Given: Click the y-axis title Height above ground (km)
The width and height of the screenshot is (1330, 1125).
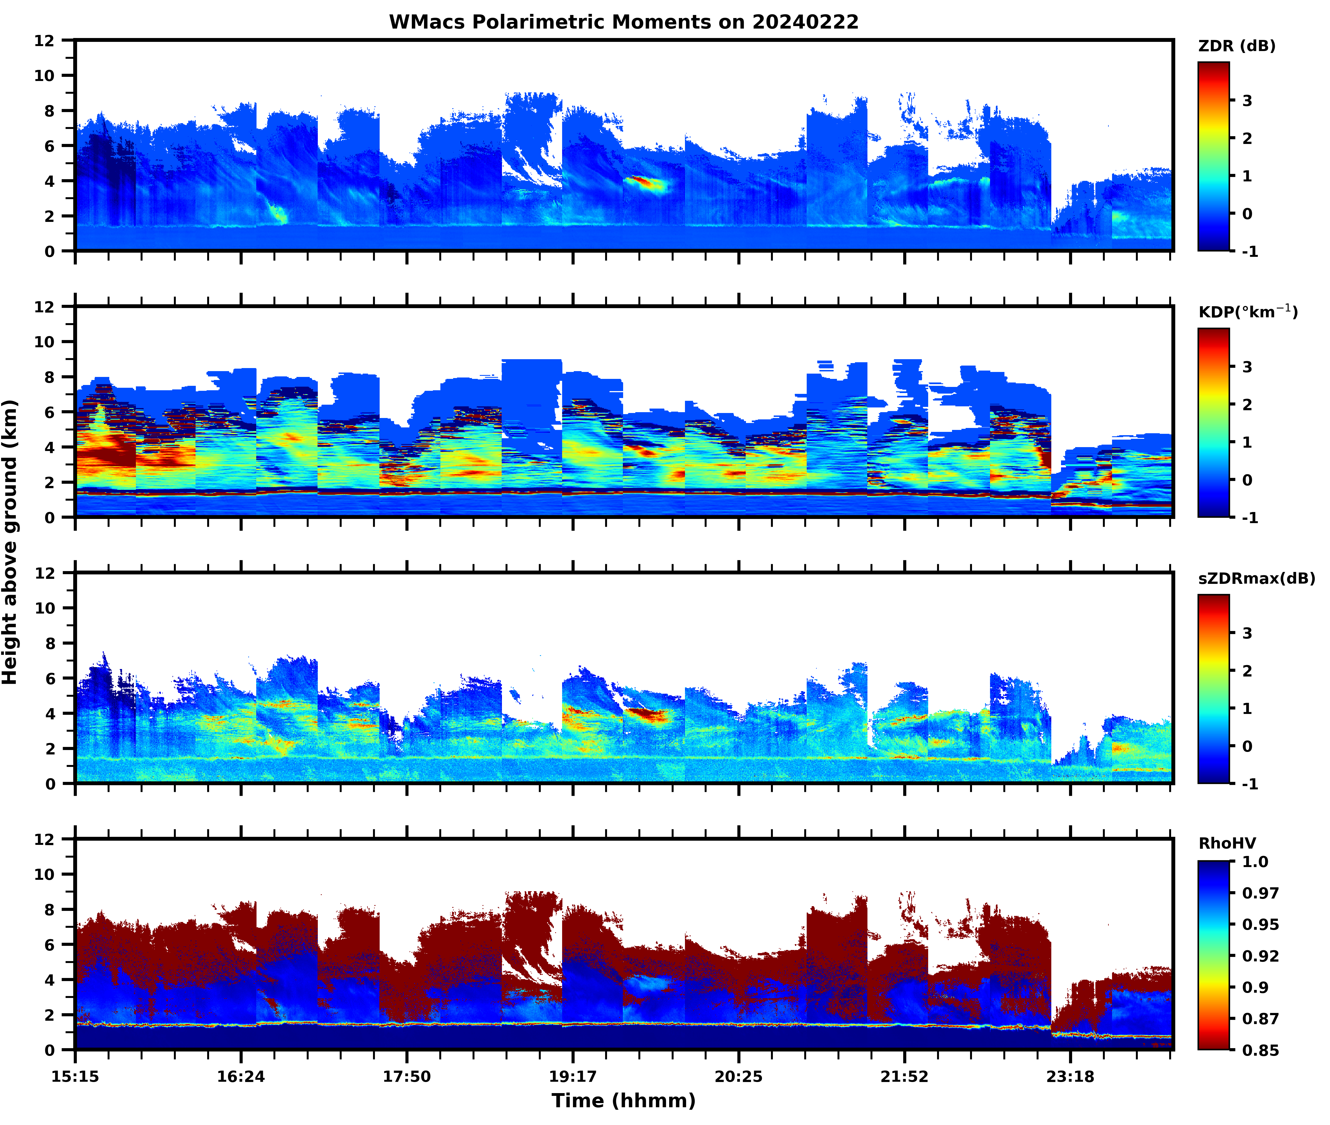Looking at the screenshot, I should point(10,542).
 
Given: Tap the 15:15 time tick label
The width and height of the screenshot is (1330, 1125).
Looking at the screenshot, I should point(75,1076).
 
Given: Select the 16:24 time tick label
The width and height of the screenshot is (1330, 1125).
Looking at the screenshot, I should point(241,1076).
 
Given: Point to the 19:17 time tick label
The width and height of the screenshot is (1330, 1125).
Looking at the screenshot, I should point(573,1076).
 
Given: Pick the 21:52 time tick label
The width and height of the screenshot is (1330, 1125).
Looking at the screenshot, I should point(904,1076).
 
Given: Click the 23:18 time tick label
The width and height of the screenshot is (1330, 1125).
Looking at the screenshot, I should point(1070,1076).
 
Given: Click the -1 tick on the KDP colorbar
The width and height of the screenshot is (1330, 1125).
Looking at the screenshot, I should point(1250,517).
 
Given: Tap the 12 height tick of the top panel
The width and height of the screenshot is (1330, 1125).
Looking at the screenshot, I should point(45,40).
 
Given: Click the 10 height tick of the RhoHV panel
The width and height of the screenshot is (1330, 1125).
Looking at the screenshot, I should point(45,874).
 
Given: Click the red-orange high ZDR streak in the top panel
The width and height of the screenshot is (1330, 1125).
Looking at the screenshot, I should point(644,183).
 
